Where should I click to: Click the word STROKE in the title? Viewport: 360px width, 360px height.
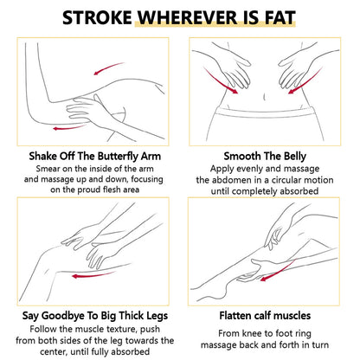(97, 17)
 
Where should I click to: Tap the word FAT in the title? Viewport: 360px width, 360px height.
(280, 17)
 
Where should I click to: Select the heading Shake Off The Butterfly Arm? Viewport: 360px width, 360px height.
(94, 157)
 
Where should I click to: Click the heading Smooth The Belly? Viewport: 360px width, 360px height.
(265, 157)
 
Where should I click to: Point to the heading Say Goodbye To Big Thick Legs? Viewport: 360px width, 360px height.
(95, 316)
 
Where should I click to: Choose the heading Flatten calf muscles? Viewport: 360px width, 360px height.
(265, 315)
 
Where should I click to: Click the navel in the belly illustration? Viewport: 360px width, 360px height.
(265, 97)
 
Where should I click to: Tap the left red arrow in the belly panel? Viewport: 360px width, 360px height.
(221, 81)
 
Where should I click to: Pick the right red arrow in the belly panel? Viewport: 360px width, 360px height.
(306, 81)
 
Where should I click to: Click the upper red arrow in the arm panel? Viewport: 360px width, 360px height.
(108, 68)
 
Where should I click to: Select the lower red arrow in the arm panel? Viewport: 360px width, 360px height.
(69, 127)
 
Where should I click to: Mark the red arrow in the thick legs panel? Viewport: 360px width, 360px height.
(93, 274)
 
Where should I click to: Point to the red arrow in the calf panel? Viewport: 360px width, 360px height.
(279, 271)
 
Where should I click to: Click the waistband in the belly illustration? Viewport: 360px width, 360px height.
(265, 112)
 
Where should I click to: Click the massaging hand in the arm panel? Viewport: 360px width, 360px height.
(87, 111)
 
